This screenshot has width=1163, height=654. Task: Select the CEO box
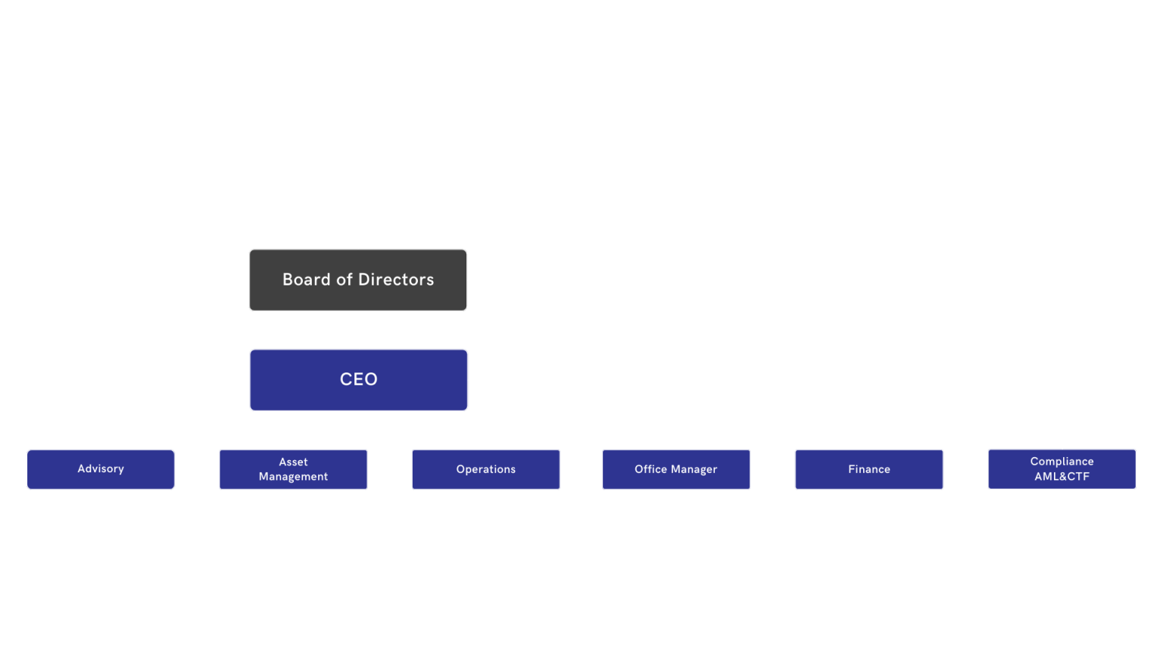tap(358, 380)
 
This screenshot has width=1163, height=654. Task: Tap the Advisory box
tap(101, 469)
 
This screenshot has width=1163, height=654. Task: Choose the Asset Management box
tap(293, 469)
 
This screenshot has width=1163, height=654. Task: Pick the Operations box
tap(485, 469)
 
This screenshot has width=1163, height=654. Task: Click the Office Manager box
tap(676, 469)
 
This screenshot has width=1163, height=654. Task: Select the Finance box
tap(868, 469)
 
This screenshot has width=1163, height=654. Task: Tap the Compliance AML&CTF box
tap(1062, 469)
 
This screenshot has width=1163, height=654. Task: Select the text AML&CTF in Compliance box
tap(1062, 477)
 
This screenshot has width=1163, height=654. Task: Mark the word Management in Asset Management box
tap(293, 477)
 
